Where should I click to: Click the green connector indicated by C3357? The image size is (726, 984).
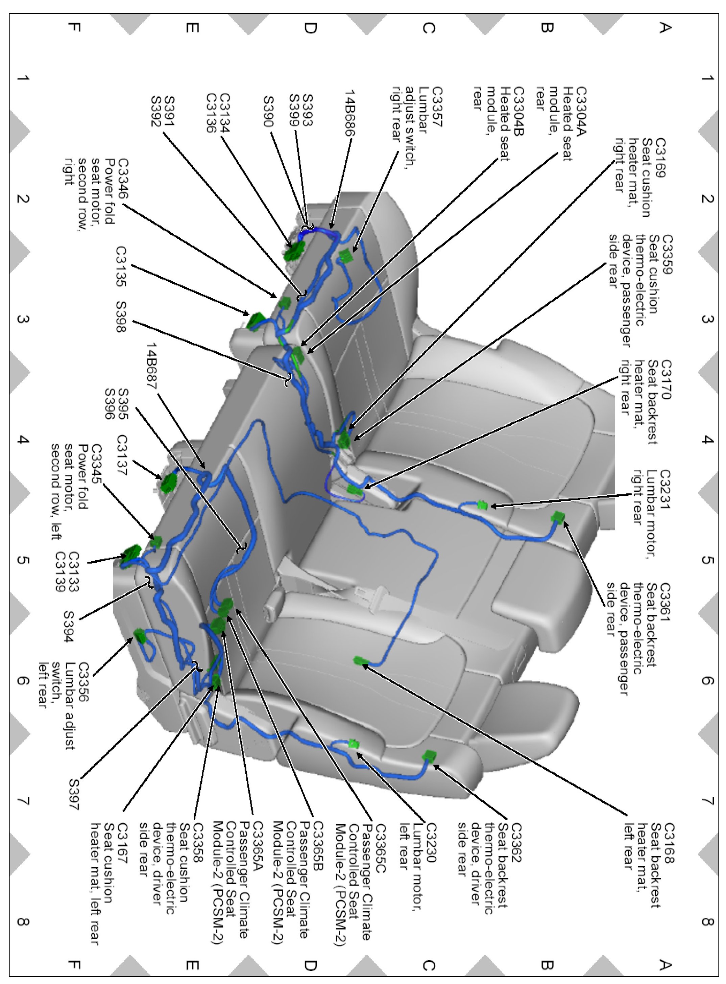click(x=346, y=255)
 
